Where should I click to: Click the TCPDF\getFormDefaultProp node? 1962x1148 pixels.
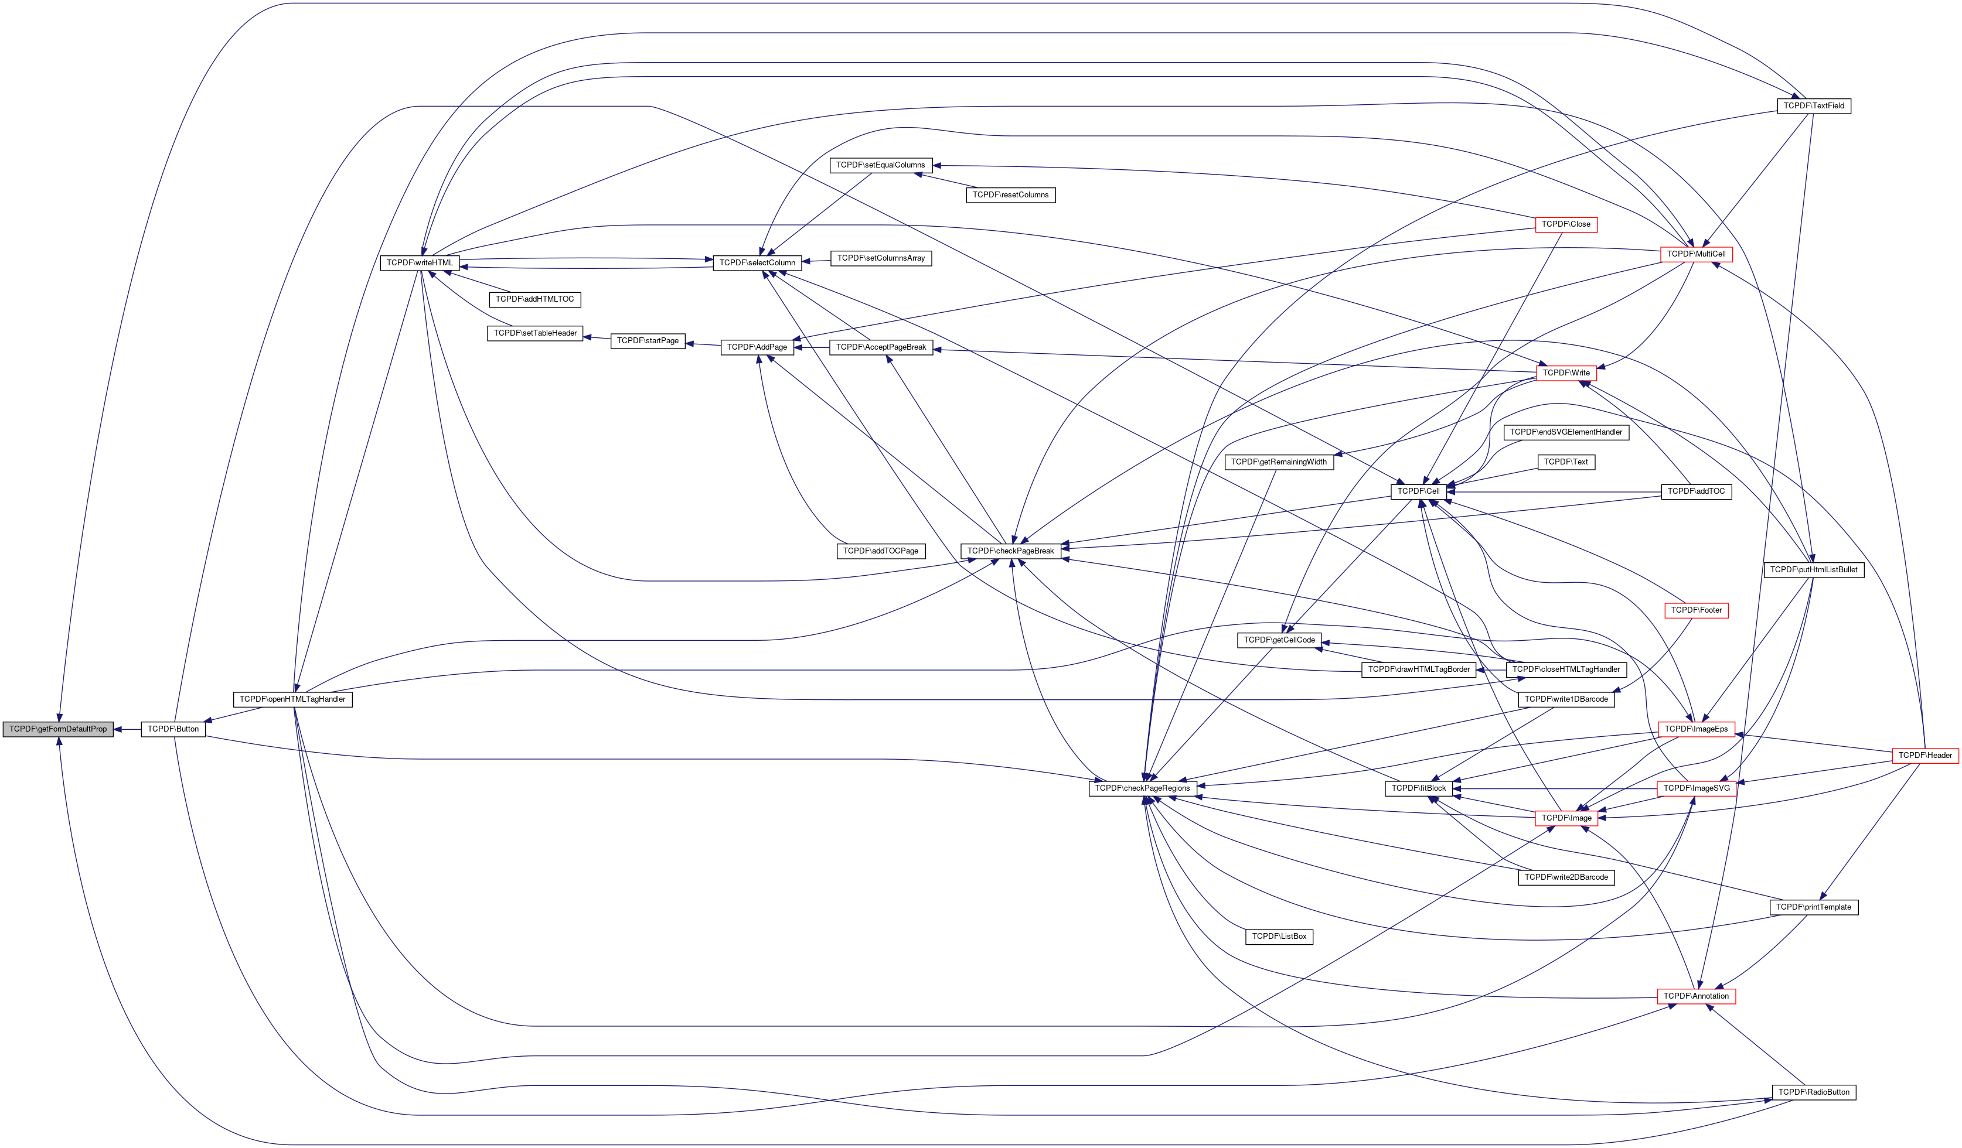57,729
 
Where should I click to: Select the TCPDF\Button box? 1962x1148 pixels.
173,729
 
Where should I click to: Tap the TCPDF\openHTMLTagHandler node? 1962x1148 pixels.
293,700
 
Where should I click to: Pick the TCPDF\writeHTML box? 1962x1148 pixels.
420,263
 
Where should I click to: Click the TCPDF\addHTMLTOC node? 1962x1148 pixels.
535,300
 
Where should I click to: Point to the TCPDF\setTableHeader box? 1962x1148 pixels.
535,333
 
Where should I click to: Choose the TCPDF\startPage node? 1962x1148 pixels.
648,341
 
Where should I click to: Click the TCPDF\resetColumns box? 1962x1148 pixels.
1010,194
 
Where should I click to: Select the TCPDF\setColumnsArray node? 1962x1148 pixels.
881,258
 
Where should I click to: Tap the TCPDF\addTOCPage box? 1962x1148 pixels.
881,551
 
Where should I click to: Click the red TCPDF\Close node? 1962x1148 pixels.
1566,224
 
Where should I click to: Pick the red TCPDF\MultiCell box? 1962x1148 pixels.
1696,255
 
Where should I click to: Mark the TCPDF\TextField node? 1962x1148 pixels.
1813,106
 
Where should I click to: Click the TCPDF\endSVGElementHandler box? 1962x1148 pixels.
1566,432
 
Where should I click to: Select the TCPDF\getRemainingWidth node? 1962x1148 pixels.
1279,462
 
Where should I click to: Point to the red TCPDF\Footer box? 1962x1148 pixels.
1696,610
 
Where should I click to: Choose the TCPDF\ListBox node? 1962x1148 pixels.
1279,937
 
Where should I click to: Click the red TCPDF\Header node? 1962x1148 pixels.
1924,756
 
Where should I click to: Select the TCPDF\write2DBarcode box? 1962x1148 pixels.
1566,877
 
